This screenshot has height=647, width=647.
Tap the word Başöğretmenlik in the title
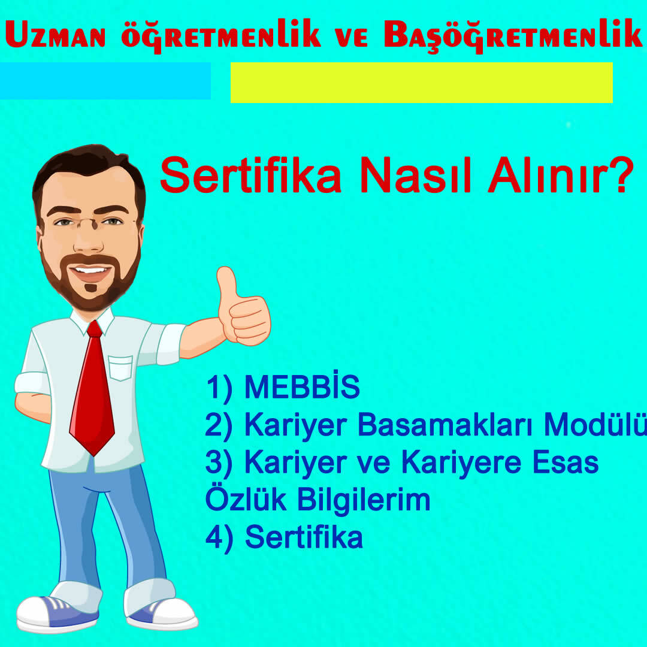coord(513,35)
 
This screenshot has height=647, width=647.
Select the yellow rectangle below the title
coord(421,83)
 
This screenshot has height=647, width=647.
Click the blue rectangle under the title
coord(105,81)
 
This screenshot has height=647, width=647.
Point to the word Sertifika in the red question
coord(250,175)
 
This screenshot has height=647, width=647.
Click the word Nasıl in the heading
coord(415,175)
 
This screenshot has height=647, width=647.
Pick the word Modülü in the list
coord(595,424)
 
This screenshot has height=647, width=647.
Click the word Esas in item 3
coord(566,462)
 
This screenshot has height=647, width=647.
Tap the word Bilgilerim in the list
coord(364,501)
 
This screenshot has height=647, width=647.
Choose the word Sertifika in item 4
coord(304,537)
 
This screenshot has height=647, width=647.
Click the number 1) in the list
coord(219,387)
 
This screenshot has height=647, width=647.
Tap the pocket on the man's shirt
coord(120,368)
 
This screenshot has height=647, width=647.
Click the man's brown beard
coord(91,280)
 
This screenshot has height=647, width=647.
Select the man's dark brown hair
coord(89,173)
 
